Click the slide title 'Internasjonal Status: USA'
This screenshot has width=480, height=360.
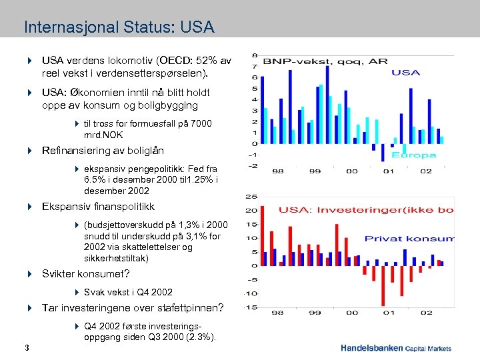click(x=119, y=28)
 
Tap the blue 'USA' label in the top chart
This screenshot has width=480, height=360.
click(x=405, y=73)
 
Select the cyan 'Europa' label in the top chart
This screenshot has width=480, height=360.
click(x=413, y=155)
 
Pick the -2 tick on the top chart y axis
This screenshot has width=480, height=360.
click(x=254, y=166)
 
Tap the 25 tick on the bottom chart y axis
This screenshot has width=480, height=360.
click(x=253, y=197)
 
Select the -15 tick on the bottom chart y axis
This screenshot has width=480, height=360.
click(x=251, y=307)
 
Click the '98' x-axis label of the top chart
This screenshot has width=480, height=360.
click(x=277, y=171)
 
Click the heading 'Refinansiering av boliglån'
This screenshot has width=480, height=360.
click(x=103, y=151)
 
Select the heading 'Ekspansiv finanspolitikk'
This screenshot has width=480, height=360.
click(x=98, y=207)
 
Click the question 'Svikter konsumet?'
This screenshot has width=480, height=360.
click(x=85, y=273)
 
